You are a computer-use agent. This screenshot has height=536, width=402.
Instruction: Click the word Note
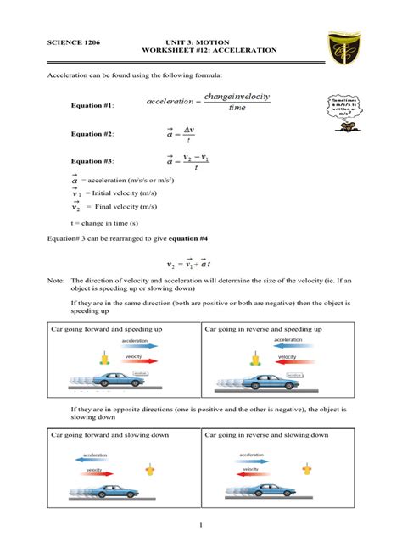pos(55,279)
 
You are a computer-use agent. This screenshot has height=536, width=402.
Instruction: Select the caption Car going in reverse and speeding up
pos(262,327)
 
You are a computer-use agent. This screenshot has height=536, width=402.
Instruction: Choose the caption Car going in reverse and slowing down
pos(265,435)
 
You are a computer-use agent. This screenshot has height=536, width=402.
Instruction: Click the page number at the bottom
pos(201,526)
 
